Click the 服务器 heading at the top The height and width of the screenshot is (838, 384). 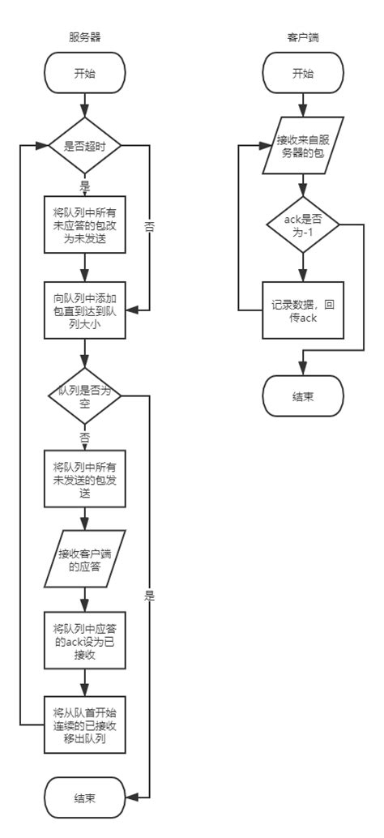coord(85,38)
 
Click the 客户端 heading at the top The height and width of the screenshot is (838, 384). coord(301,38)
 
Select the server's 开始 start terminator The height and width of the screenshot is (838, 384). coord(85,74)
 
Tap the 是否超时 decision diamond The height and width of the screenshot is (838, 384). coord(85,146)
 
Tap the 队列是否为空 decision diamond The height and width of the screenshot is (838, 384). coord(85,395)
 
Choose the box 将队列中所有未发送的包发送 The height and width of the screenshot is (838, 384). coord(85,479)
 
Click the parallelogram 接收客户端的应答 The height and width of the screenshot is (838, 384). coord(85,559)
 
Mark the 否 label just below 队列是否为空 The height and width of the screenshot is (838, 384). coord(84,437)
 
